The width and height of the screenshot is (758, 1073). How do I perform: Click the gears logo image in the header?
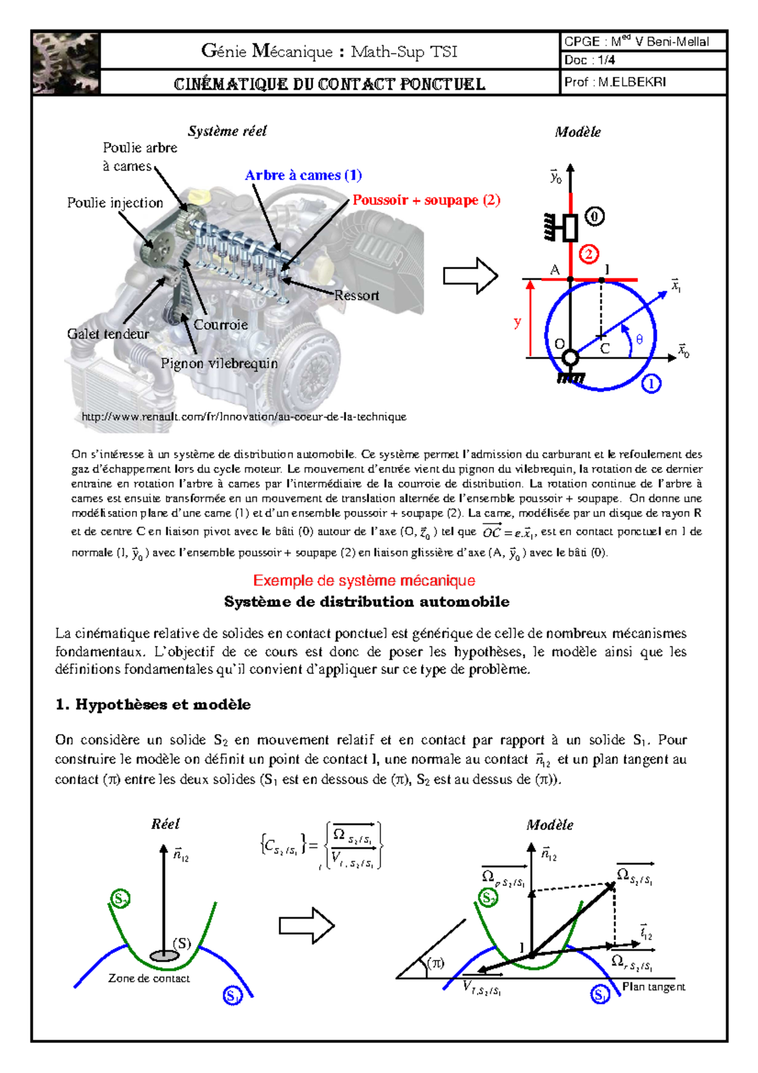66,63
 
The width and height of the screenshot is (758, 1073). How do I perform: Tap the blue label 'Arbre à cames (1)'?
303,175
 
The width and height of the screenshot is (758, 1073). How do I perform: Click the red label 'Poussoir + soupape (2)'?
426,200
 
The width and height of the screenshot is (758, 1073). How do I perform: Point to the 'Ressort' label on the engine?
357,296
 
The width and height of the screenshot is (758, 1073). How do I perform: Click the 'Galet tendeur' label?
108,334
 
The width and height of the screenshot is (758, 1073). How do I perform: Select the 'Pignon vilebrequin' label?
219,363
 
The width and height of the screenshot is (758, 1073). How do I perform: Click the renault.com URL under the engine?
244,417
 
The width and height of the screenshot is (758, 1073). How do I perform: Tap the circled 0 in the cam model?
594,217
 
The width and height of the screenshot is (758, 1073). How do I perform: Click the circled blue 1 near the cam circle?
651,384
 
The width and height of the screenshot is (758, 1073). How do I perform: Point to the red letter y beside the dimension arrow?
518,322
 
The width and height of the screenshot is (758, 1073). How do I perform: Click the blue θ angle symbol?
639,340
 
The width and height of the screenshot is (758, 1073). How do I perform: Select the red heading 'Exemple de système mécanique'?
364,580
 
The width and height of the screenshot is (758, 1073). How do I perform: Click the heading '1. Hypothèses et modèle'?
153,705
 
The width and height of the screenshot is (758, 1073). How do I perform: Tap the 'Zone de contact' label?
149,978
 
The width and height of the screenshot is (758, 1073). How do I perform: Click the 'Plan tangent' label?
653,986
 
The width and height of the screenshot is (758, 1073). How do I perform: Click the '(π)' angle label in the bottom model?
436,963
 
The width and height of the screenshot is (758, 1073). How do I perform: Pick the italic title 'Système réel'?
227,131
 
